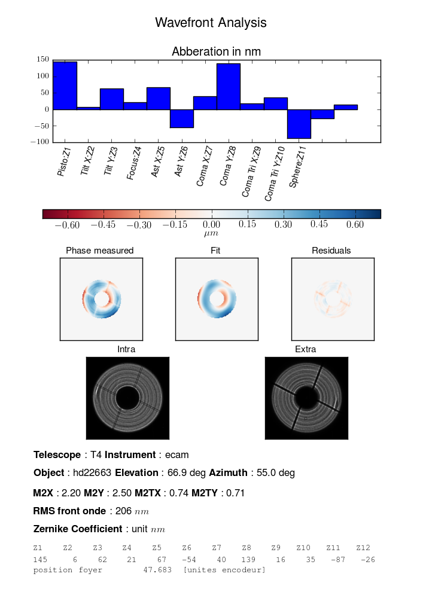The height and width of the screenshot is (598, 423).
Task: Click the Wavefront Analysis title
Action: (x=211, y=23)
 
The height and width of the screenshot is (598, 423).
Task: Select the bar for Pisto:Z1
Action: (x=65, y=86)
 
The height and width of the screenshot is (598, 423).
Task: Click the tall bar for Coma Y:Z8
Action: (x=229, y=87)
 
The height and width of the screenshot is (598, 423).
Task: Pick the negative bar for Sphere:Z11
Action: (x=299, y=124)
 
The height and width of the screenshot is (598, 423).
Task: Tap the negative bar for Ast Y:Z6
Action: (x=182, y=118)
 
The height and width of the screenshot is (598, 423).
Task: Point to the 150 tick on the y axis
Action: (x=42, y=60)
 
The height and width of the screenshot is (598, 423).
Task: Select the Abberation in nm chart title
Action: (x=216, y=52)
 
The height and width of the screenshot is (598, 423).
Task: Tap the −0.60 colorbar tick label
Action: (x=68, y=225)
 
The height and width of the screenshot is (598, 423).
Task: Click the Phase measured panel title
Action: (x=100, y=251)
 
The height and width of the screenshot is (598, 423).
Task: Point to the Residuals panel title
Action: (x=331, y=251)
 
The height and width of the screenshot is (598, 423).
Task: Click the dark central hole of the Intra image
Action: (x=127, y=398)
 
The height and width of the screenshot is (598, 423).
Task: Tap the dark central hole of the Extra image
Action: (x=306, y=397)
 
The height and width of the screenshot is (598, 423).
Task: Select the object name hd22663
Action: (x=92, y=473)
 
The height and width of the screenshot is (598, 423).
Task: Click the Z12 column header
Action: (x=363, y=548)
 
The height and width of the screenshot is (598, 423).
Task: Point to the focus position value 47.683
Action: (x=157, y=570)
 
